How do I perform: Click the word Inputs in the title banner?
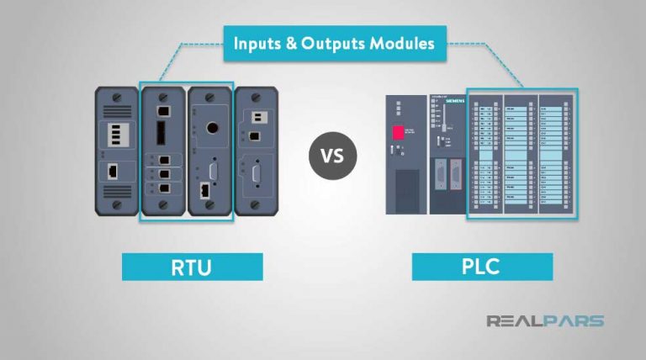pyautogui.click(x=259, y=43)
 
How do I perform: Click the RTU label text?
pyautogui.click(x=193, y=267)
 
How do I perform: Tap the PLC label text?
pyautogui.click(x=482, y=267)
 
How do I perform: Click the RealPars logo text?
pyautogui.click(x=545, y=320)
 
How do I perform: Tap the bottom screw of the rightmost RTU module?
pyautogui.click(x=253, y=204)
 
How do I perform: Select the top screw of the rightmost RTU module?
pyautogui.click(x=253, y=98)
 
